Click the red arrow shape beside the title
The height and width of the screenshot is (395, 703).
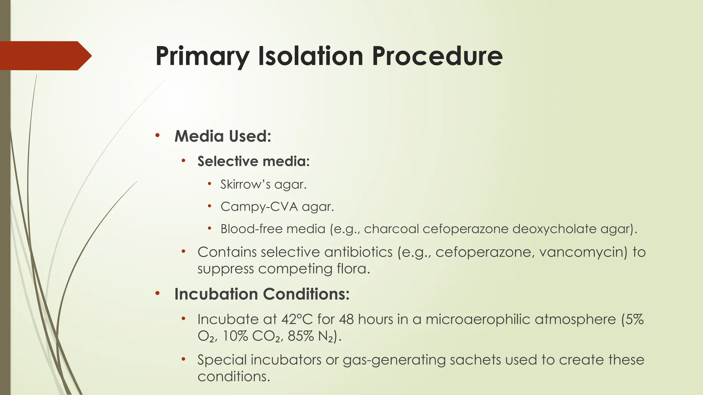[x=45, y=56]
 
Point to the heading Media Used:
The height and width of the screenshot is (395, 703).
[x=223, y=136]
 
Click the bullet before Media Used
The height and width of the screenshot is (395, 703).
[x=157, y=135]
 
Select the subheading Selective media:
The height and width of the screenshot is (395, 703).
[x=253, y=161]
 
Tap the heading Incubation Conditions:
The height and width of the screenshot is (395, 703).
[x=262, y=294]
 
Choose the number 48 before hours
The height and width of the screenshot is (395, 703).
[x=346, y=320]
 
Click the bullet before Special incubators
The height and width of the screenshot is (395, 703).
[x=184, y=359]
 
